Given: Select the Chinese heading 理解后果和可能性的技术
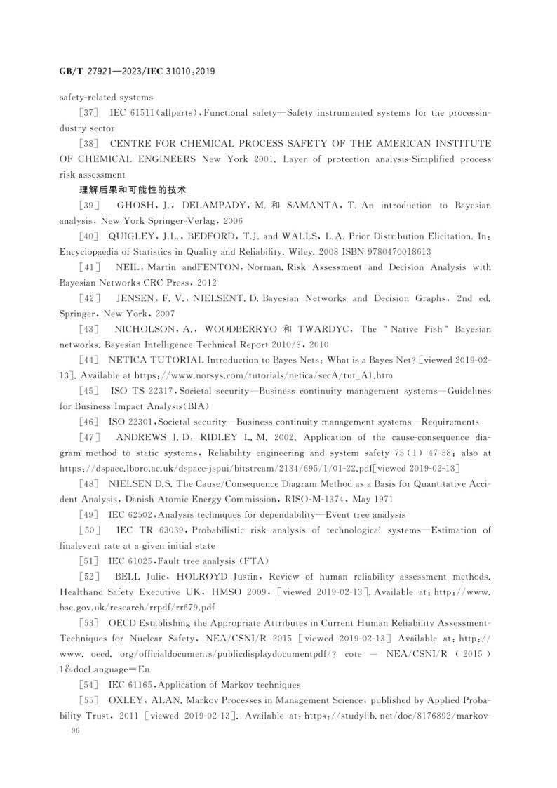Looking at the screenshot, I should point(131,190).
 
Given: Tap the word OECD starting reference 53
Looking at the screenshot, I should point(123,622).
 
